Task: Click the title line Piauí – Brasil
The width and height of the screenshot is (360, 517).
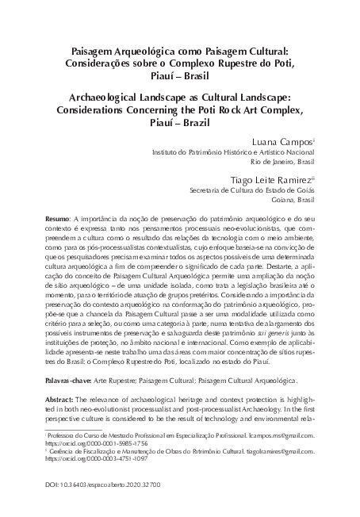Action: coord(179,76)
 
